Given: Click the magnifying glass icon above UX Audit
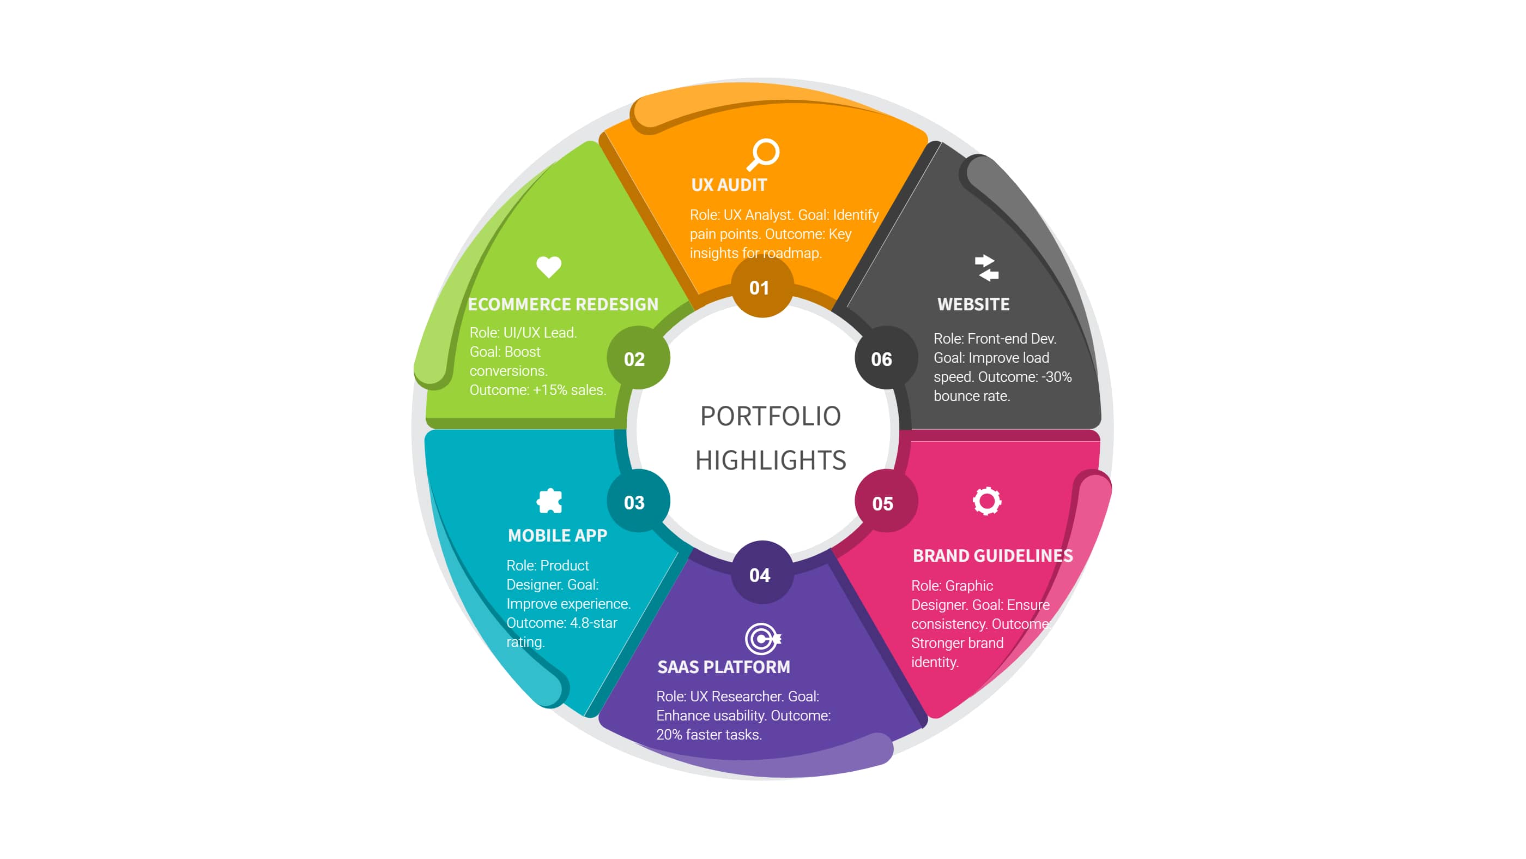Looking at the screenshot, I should click(x=763, y=154).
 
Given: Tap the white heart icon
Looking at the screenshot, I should click(x=549, y=267).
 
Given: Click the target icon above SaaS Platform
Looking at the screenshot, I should click(x=762, y=639).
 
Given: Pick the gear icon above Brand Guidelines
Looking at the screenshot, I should click(x=987, y=502).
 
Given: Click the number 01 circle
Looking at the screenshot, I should click(x=760, y=288).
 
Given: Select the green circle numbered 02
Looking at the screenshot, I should click(x=635, y=359).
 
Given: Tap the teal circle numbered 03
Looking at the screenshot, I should click(x=635, y=503).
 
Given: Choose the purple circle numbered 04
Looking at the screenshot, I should click(x=761, y=575).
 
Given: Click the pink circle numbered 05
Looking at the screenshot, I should click(x=883, y=504).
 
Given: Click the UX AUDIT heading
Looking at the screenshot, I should click(x=729, y=185).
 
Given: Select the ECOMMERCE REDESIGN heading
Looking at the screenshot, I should click(x=563, y=304).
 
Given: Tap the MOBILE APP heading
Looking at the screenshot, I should click(x=558, y=536).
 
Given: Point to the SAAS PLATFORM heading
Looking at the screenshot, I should click(x=724, y=667).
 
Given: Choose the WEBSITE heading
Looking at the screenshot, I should click(x=973, y=304).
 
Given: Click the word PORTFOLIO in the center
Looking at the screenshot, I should click(x=771, y=416).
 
